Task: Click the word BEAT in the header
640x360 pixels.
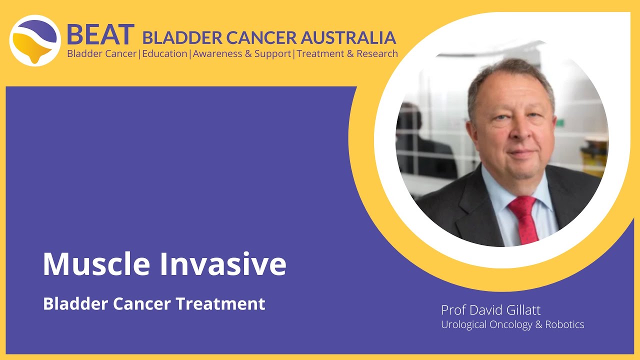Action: coord(100,34)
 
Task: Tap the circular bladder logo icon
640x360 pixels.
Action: coord(35,40)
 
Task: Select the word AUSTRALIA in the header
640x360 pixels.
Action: coord(354,37)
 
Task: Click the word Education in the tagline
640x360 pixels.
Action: coord(164,53)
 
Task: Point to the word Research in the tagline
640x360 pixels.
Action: coord(377,53)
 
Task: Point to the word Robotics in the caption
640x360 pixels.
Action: coord(564,324)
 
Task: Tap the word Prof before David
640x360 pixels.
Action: coord(452,310)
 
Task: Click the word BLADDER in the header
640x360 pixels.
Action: coord(182,37)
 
